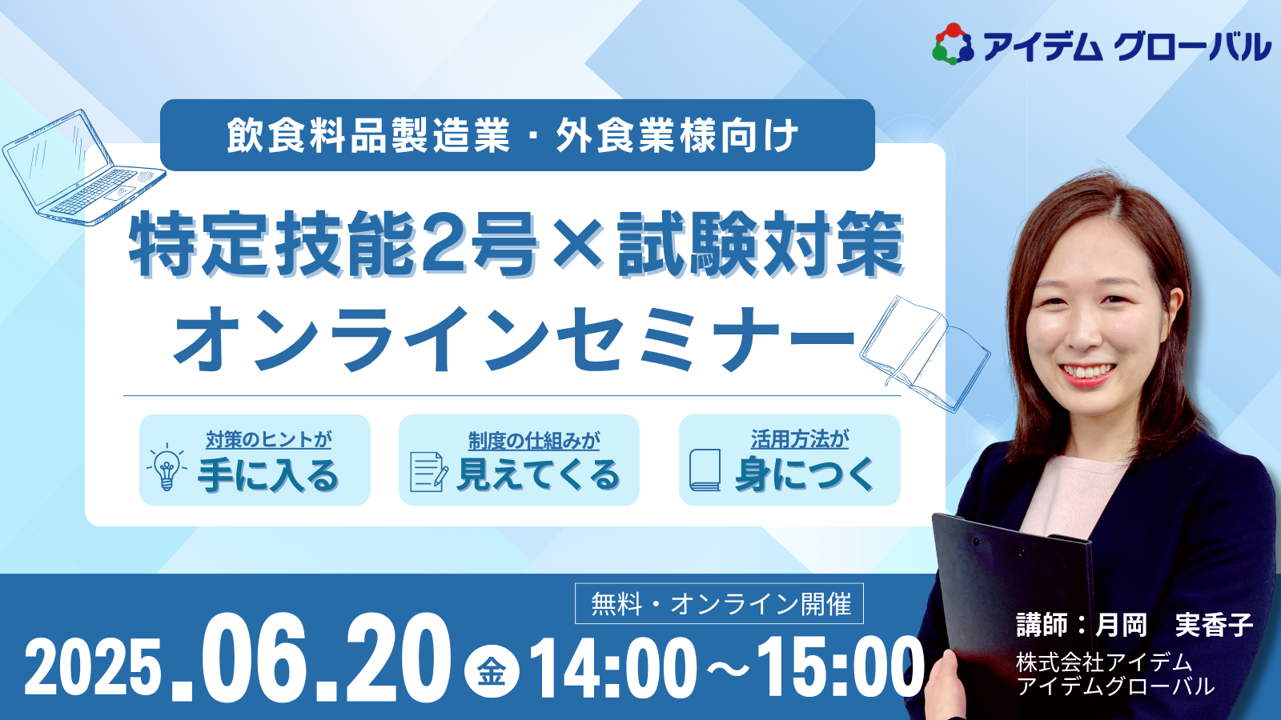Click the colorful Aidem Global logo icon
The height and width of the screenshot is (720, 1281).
(x=954, y=44)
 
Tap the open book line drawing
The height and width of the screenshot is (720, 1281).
(x=925, y=354)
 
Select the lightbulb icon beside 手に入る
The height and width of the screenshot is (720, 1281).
(x=167, y=466)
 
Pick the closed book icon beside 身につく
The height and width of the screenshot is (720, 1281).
(x=705, y=470)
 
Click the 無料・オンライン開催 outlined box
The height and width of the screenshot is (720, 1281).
(x=719, y=603)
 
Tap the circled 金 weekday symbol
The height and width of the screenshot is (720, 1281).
(x=492, y=671)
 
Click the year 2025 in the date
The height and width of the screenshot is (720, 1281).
(x=91, y=666)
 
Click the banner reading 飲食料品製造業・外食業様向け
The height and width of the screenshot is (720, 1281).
(x=517, y=135)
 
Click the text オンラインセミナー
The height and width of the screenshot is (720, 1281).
(x=514, y=339)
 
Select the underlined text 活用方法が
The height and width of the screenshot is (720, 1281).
(x=800, y=439)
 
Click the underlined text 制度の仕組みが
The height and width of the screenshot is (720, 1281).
(x=534, y=441)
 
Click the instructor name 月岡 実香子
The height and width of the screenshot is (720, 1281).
(x=1173, y=625)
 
